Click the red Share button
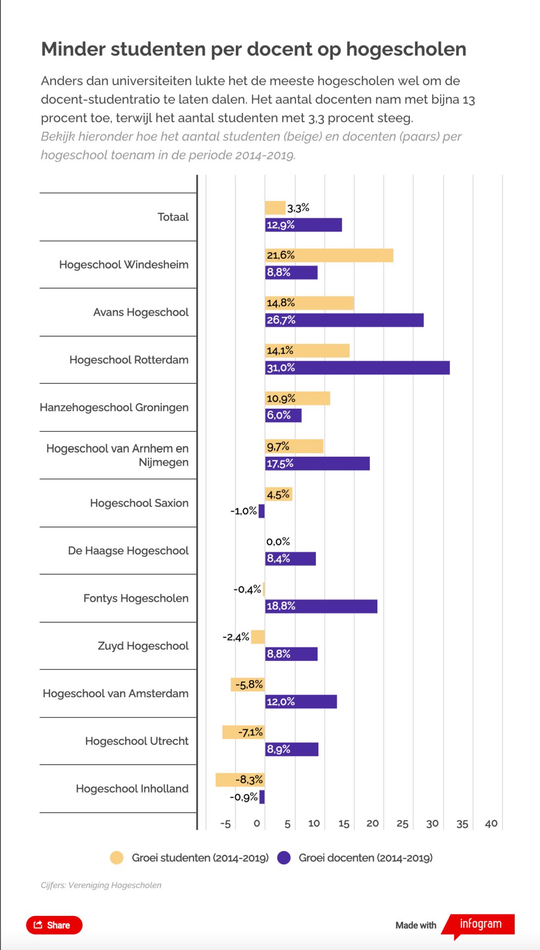tap(54, 925)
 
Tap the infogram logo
tap(480, 924)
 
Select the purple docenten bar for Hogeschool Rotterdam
tap(357, 368)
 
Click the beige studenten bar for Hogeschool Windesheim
tap(329, 255)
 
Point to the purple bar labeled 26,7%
tap(344, 320)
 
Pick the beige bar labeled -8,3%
tap(240, 780)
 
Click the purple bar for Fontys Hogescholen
tap(321, 606)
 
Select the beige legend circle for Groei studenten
tap(117, 858)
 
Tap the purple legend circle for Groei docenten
tap(284, 858)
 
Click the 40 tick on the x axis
tap(491, 823)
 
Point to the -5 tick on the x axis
tap(225, 824)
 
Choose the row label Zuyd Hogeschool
tap(143, 646)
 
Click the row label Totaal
tap(173, 217)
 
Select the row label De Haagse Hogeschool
tap(128, 551)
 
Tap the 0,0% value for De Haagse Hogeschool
tap(278, 542)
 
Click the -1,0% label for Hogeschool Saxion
tap(243, 511)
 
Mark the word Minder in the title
tap(73, 49)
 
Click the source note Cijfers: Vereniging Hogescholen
tap(101, 885)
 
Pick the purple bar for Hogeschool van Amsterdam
tap(301, 702)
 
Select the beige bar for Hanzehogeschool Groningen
tap(297, 398)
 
